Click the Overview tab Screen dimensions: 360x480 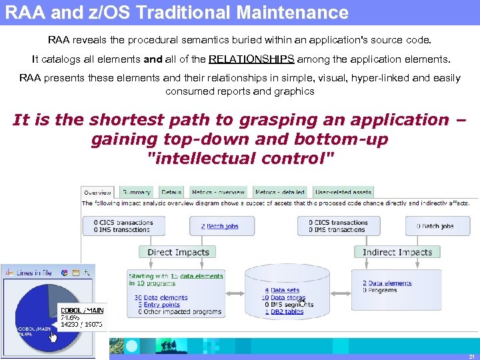point(98,192)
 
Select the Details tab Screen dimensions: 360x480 point(171,192)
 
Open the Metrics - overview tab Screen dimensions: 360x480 point(218,192)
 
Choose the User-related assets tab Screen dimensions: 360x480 point(343,192)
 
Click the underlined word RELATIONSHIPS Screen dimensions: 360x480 point(251,59)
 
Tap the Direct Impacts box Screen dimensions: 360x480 point(178,252)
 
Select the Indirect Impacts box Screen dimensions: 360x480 point(397,252)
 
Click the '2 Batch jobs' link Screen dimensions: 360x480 point(219,226)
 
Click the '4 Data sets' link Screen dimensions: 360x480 point(282,290)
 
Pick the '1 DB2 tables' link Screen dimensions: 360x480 point(284,312)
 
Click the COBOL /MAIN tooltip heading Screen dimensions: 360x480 point(82,310)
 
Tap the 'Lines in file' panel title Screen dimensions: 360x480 point(34,272)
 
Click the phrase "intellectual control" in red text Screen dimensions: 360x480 point(240,159)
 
